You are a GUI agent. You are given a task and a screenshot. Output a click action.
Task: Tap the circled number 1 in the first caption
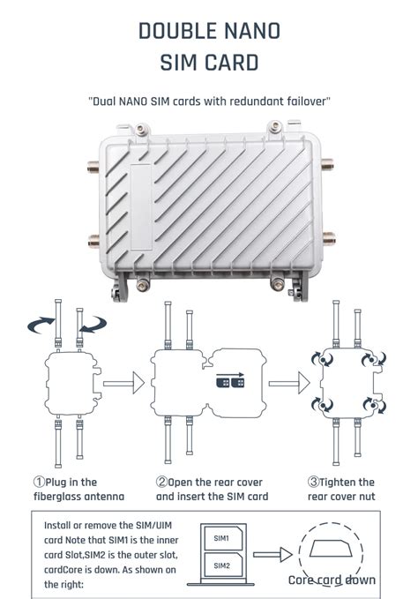[40, 483]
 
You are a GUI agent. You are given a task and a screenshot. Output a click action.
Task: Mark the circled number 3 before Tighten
[314, 483]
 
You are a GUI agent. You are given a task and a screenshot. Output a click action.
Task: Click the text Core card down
[332, 580]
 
